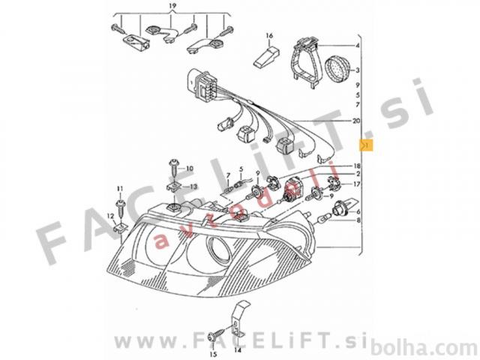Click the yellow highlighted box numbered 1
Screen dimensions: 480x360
367,145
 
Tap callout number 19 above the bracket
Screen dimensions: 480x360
172,6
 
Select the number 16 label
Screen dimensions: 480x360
269,36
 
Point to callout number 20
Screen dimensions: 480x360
356,121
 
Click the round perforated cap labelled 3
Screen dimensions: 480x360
337,70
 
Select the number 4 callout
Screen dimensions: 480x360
357,46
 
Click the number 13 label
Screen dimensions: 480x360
193,187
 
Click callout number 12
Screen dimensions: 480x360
110,217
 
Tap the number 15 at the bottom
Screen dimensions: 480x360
213,355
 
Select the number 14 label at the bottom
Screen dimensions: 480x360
238,349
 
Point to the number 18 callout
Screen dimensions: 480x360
357,166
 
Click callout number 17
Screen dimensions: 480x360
357,184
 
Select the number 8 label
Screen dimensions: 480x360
358,220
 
